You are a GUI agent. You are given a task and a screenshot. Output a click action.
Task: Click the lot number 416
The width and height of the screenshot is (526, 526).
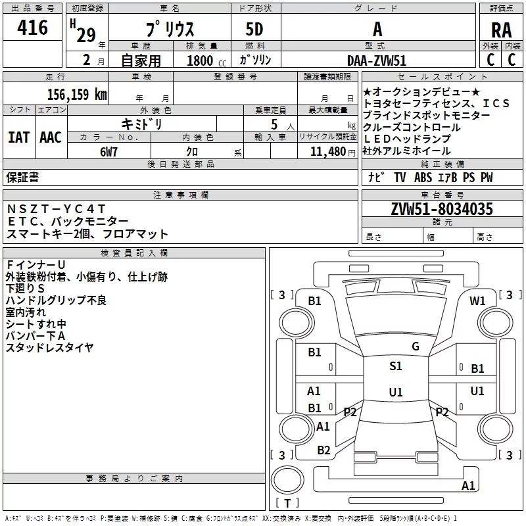point(33,28)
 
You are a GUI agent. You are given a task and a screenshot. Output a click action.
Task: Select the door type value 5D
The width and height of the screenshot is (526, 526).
point(254,30)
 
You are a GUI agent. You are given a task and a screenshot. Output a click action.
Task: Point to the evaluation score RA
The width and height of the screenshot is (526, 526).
point(501,30)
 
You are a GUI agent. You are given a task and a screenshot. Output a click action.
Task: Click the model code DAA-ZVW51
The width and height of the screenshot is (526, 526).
point(377,60)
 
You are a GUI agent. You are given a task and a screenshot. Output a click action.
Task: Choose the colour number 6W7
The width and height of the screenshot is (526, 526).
point(108,151)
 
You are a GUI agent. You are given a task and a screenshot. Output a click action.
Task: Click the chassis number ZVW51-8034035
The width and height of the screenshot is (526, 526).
point(442,210)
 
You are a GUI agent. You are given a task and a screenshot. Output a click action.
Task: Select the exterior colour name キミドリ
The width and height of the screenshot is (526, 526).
point(142,124)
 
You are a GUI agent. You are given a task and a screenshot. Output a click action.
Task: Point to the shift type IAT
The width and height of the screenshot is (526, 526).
point(18,137)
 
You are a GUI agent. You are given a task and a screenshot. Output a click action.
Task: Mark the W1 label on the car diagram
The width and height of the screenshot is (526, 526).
point(477,301)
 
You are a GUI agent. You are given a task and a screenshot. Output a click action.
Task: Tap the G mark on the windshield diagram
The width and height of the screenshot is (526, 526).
point(416,347)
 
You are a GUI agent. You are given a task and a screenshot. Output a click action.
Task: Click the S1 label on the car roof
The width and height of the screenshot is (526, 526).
point(395,366)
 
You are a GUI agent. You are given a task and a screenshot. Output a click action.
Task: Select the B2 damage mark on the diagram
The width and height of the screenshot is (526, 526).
point(323,450)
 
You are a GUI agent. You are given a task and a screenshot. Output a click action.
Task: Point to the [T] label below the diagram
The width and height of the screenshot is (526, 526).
point(287,504)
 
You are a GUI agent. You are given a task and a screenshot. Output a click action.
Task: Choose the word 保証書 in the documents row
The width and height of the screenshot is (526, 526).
point(22,178)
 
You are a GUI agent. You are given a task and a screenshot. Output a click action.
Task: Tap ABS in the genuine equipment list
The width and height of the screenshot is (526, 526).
point(424,178)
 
